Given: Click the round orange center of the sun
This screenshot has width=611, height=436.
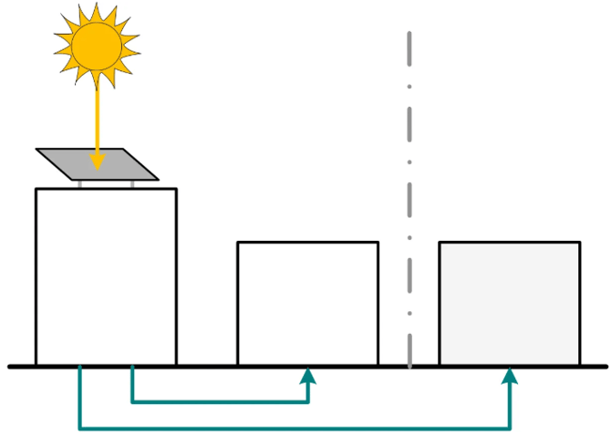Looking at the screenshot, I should [x=96, y=45].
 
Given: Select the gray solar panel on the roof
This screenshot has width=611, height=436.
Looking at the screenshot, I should [x=119, y=164].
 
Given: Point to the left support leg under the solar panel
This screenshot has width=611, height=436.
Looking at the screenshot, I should [x=80, y=183].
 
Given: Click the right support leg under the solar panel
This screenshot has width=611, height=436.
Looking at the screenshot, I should [x=133, y=183].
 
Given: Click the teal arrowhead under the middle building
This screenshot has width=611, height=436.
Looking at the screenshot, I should [x=308, y=377].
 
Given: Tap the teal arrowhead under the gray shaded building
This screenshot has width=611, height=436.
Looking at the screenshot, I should [x=510, y=377].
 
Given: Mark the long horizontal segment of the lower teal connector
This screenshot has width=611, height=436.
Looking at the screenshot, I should [x=292, y=428].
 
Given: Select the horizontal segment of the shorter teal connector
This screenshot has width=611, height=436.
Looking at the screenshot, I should [x=219, y=400].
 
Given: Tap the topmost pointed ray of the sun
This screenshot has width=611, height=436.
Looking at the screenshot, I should [x=94, y=8].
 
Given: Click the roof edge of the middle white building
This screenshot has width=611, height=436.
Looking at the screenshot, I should [x=307, y=243].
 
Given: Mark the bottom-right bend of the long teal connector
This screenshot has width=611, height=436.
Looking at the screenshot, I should [x=510, y=428].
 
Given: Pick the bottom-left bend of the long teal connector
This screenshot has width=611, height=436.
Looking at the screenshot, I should [x=81, y=428].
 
